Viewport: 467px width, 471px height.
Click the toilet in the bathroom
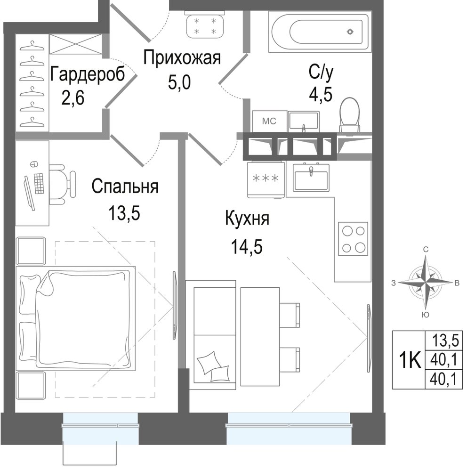click(349, 114)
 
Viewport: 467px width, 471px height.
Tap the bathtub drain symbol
click(350, 32)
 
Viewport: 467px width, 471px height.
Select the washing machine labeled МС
click(269, 122)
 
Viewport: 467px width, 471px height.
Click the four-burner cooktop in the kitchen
click(353, 239)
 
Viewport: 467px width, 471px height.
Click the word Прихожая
click(182, 57)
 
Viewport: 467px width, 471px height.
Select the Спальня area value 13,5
click(124, 213)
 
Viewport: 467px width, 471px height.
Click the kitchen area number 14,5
click(247, 247)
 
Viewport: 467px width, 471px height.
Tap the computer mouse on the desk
click(33, 164)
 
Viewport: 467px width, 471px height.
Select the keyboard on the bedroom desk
click(39, 184)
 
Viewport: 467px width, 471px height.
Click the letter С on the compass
click(426, 249)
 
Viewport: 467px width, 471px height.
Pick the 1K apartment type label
click(409, 360)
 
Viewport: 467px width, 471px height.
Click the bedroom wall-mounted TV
click(175, 306)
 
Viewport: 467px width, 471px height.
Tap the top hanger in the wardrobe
click(32, 46)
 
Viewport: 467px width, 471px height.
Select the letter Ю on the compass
click(425, 315)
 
